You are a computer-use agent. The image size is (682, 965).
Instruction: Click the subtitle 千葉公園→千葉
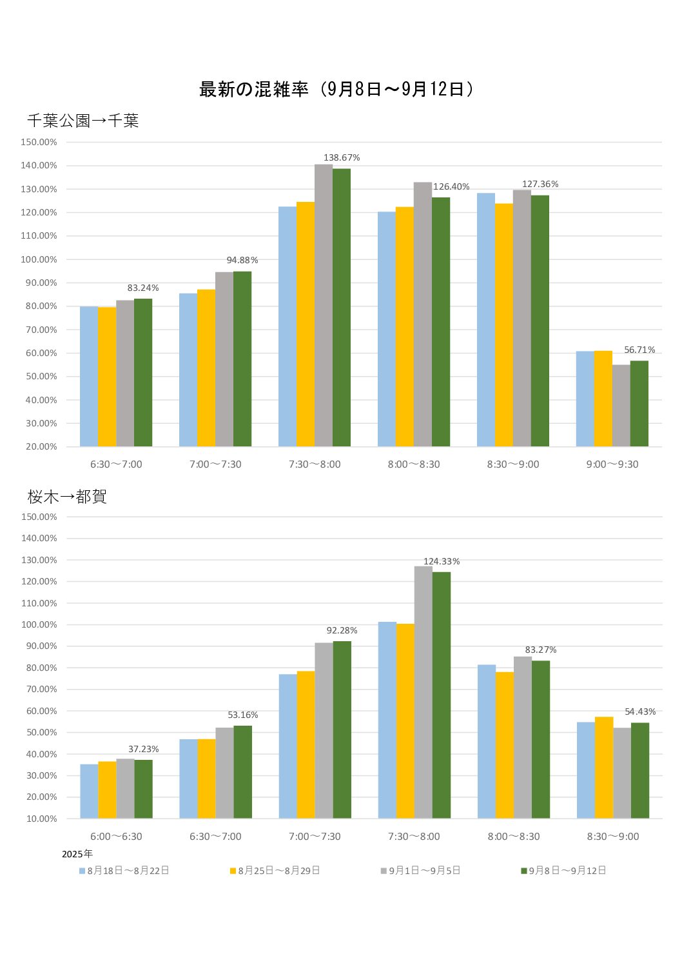pos(83,121)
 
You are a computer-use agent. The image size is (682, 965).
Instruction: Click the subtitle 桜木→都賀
pos(67,497)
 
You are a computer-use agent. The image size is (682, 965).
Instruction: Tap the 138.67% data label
pos(342,157)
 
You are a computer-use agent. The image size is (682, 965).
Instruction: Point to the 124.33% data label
pos(442,561)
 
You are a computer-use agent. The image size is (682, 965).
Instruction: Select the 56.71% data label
pos(639,350)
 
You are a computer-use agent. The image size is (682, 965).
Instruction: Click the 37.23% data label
pos(143,749)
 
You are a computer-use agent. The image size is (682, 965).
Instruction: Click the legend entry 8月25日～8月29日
pos(278,871)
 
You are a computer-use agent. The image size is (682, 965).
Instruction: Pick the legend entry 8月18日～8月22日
pos(128,871)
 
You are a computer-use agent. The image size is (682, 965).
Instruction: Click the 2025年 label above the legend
pos(77,854)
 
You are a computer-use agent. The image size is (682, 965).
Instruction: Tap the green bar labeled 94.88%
pos(242,359)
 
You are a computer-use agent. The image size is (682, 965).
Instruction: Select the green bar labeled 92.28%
pos(342,729)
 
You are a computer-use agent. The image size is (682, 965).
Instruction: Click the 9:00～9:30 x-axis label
pos(612,464)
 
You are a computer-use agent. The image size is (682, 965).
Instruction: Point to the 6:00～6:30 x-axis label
pos(116,837)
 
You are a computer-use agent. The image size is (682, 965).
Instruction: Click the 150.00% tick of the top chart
pos(39,142)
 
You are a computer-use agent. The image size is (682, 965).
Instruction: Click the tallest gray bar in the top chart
pos(324,305)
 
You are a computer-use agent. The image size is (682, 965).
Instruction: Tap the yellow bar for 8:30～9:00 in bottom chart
pos(604,768)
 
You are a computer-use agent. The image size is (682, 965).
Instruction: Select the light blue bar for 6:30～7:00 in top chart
pos(89,377)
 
